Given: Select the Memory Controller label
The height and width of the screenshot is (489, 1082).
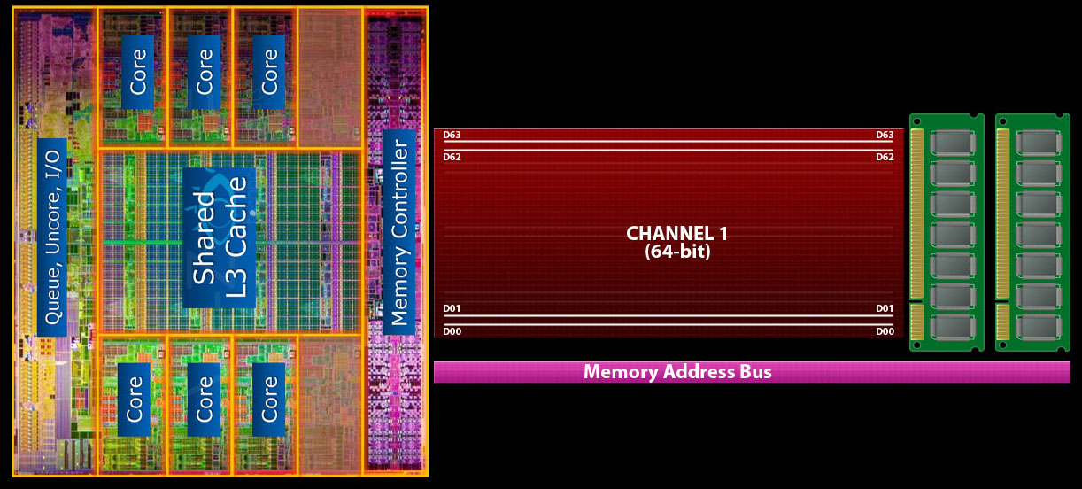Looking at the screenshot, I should click(399, 232).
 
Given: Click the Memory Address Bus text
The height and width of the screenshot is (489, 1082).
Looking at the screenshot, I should click(677, 372).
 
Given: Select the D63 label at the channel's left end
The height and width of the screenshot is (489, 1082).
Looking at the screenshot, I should click(452, 136).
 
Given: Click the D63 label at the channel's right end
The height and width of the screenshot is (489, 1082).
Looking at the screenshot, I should click(885, 136).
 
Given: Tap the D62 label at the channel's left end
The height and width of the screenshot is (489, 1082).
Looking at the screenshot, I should click(452, 157).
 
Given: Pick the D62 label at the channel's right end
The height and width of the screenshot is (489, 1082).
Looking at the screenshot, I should click(885, 157).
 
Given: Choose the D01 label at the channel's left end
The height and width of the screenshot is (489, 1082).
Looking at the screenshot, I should click(452, 308).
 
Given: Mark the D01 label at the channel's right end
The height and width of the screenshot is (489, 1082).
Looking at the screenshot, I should click(885, 308).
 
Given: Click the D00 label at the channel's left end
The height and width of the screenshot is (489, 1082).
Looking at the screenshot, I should click(452, 330).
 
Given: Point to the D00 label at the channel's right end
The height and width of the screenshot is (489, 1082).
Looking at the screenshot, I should click(885, 330).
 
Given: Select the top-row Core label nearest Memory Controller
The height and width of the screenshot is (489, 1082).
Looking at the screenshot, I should click(270, 72).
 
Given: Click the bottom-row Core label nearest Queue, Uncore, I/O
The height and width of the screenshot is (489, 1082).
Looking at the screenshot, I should click(135, 398).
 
